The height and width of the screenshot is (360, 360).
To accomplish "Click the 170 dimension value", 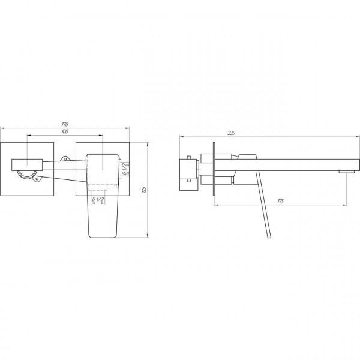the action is click(65, 125).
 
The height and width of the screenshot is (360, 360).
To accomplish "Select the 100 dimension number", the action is click(65, 131).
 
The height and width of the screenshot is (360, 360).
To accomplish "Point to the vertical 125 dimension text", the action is click(144, 190).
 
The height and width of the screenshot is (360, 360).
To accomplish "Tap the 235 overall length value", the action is click(231, 133).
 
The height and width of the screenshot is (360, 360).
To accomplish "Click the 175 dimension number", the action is click(281, 202).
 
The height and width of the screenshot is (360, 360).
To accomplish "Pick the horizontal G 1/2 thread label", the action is click(98, 200).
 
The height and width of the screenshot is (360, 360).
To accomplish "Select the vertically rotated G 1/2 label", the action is click(124, 169).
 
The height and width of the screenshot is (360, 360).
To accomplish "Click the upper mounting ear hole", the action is click(65, 158).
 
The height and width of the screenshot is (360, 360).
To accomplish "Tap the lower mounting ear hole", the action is click(37, 179).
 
